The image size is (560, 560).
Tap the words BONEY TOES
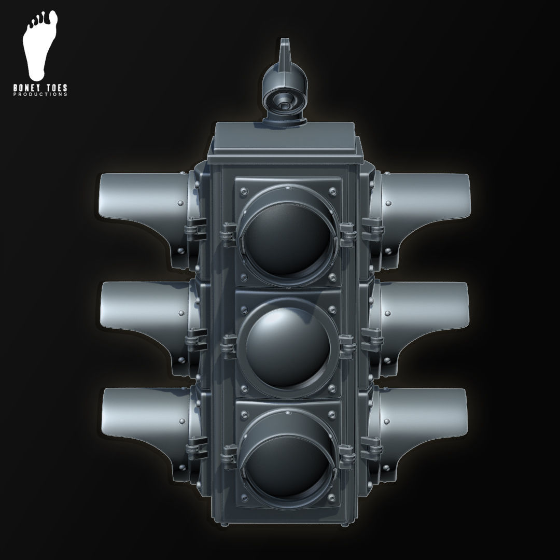[x=40, y=89]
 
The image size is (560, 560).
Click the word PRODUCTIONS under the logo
[x=40, y=95]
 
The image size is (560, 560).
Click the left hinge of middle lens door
[x=229, y=344]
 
